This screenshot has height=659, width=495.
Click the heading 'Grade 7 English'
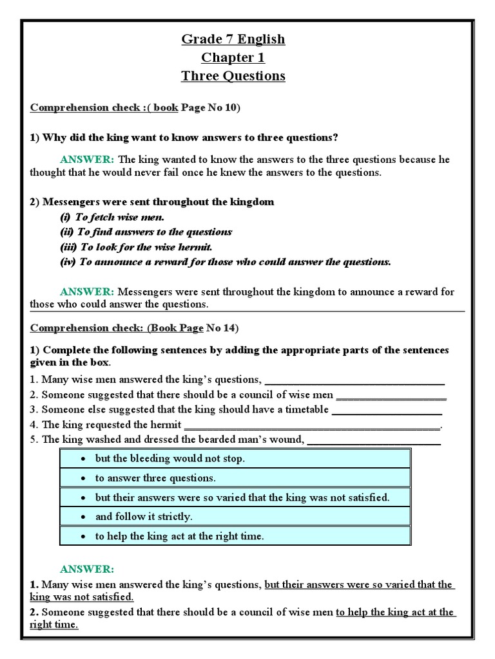tap(233, 39)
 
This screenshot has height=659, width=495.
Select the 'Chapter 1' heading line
tap(233, 58)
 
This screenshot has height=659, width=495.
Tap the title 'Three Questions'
tap(233, 76)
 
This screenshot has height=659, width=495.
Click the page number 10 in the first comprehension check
tap(229, 107)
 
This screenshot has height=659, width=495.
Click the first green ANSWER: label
tap(87, 160)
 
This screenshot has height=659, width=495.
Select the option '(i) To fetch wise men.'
tap(112, 218)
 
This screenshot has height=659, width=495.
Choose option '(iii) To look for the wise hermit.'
tap(136, 247)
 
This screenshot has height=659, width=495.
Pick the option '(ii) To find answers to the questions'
tap(146, 232)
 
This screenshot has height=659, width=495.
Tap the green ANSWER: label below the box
tap(87, 570)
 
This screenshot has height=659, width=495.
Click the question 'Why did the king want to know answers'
tap(184, 138)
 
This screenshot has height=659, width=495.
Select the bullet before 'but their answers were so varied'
tap(84, 497)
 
